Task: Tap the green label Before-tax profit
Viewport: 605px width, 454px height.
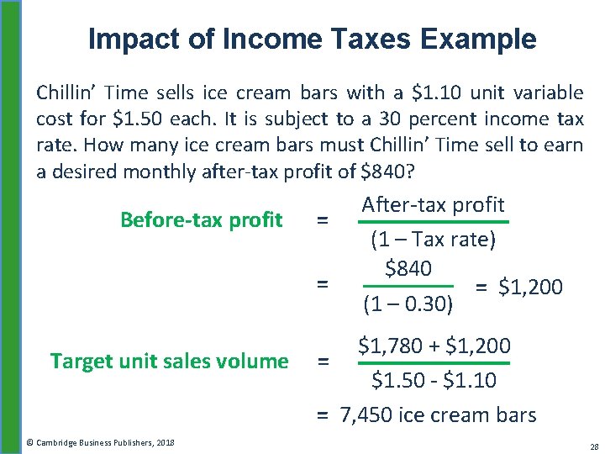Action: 201,220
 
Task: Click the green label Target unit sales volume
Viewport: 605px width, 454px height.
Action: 169,362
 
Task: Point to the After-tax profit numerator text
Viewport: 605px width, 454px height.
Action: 432,204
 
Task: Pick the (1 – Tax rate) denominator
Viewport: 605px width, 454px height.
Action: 433,240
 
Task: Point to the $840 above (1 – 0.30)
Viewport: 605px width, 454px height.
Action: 408,268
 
